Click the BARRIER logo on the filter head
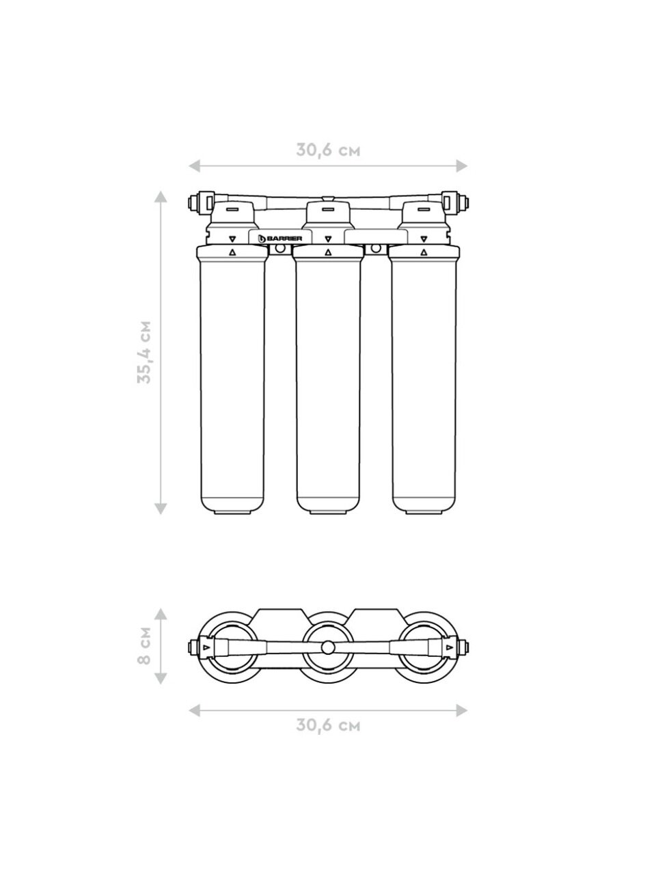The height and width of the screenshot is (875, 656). click(x=280, y=239)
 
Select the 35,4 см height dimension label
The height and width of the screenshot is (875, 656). click(x=144, y=351)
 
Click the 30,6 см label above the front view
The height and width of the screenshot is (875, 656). click(x=328, y=150)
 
